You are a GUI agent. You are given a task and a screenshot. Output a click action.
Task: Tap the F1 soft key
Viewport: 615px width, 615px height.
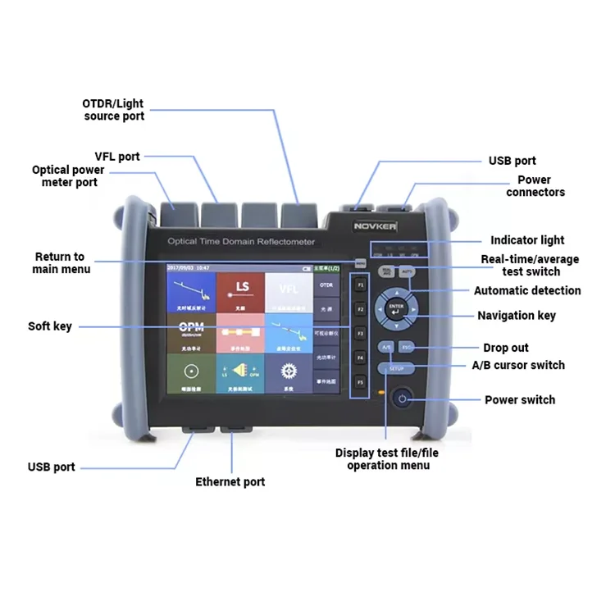pos(359,285)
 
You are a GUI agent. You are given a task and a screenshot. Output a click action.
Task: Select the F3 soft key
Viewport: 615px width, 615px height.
pos(359,334)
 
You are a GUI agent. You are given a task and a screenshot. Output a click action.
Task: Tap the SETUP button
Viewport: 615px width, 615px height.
pos(396,369)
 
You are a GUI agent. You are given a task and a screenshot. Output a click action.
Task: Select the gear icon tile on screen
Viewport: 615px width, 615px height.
pos(288,372)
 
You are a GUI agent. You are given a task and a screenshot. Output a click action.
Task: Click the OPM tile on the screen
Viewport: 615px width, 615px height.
pos(190,332)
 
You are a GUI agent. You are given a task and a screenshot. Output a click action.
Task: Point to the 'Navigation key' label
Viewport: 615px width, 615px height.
pos(516,316)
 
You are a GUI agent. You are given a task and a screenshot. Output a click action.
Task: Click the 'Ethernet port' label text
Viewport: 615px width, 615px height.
pos(230,482)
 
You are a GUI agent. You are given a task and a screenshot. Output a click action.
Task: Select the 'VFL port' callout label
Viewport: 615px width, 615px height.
pos(117,156)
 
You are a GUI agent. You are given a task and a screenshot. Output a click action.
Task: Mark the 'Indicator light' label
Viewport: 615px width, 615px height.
pos(527,240)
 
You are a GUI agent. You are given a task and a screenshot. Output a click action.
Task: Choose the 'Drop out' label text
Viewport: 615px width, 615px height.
pos(506,348)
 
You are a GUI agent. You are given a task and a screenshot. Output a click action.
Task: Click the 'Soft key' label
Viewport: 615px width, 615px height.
pos(50,326)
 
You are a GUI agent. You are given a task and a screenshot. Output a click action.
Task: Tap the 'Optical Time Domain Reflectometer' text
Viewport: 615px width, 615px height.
pos(241,242)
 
